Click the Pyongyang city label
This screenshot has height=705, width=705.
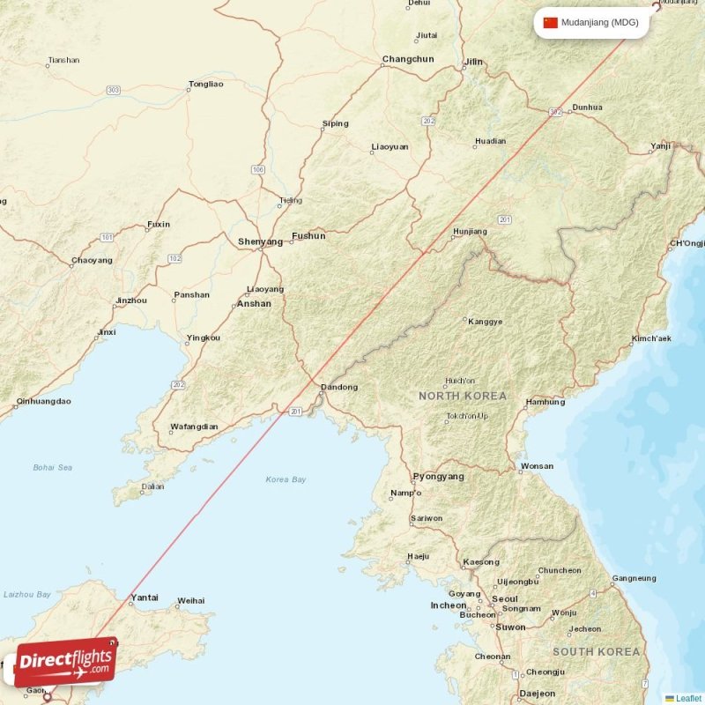pyautogui.click(x=438, y=477)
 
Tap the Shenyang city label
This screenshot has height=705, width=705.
pyautogui.click(x=260, y=241)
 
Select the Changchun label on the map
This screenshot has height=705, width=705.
pyautogui.click(x=408, y=60)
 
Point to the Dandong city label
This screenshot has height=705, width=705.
pyautogui.click(x=339, y=388)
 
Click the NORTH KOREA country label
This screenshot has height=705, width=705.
pyautogui.click(x=463, y=397)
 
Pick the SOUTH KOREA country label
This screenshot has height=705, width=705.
pyautogui.click(x=596, y=652)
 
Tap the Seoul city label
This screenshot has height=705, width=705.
pyautogui.click(x=505, y=598)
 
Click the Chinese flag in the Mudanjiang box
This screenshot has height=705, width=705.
pyautogui.click(x=551, y=23)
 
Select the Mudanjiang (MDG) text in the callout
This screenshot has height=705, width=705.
pyautogui.click(x=600, y=23)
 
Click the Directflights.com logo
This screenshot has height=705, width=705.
pyautogui.click(x=65, y=662)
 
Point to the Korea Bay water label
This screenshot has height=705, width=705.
pyautogui.click(x=286, y=479)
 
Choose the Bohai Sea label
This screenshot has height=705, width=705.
pyautogui.click(x=53, y=467)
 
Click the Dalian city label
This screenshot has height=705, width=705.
pyautogui.click(x=153, y=486)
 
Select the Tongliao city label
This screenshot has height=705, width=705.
pyautogui.click(x=205, y=85)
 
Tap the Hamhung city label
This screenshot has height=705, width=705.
pyautogui.click(x=545, y=403)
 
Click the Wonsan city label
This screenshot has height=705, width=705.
pyautogui.click(x=538, y=466)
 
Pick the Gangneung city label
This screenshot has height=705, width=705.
pyautogui.click(x=634, y=579)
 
